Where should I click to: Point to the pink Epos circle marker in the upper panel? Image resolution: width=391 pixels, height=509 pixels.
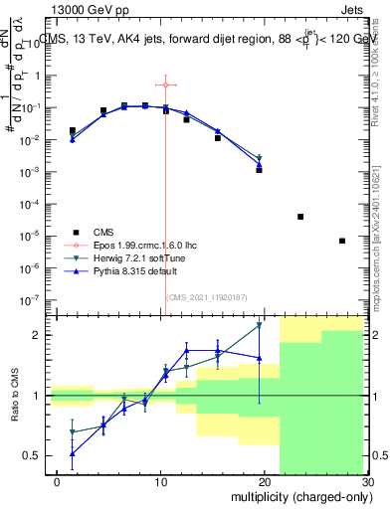(x=165, y=85)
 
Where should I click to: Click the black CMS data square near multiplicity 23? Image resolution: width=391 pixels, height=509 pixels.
(x=300, y=216)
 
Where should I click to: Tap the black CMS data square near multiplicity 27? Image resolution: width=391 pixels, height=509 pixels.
(x=342, y=241)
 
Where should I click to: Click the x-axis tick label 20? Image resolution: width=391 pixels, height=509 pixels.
(x=264, y=481)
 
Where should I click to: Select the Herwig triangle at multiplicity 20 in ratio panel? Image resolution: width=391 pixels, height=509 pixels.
(x=259, y=324)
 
